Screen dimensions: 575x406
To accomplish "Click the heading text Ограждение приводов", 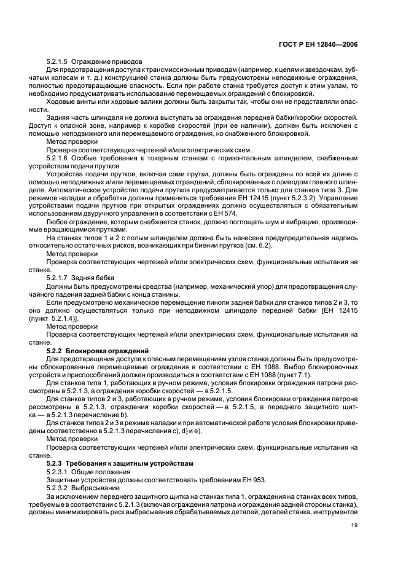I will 108,62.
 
